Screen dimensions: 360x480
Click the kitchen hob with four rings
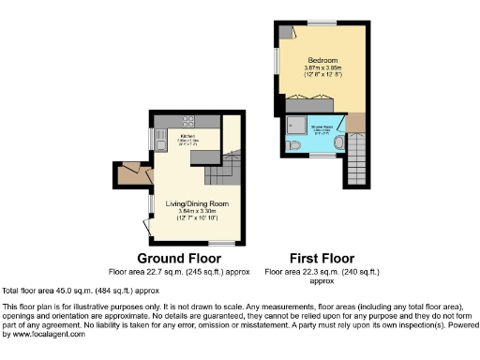tap(187, 120)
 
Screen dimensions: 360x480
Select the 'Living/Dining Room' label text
tap(197, 203)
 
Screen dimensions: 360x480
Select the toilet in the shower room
tap(294, 147)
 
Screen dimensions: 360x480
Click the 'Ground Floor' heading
tap(179, 258)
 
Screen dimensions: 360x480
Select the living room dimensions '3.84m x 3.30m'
tap(197, 212)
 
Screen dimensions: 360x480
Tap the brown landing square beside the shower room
tap(359, 123)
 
